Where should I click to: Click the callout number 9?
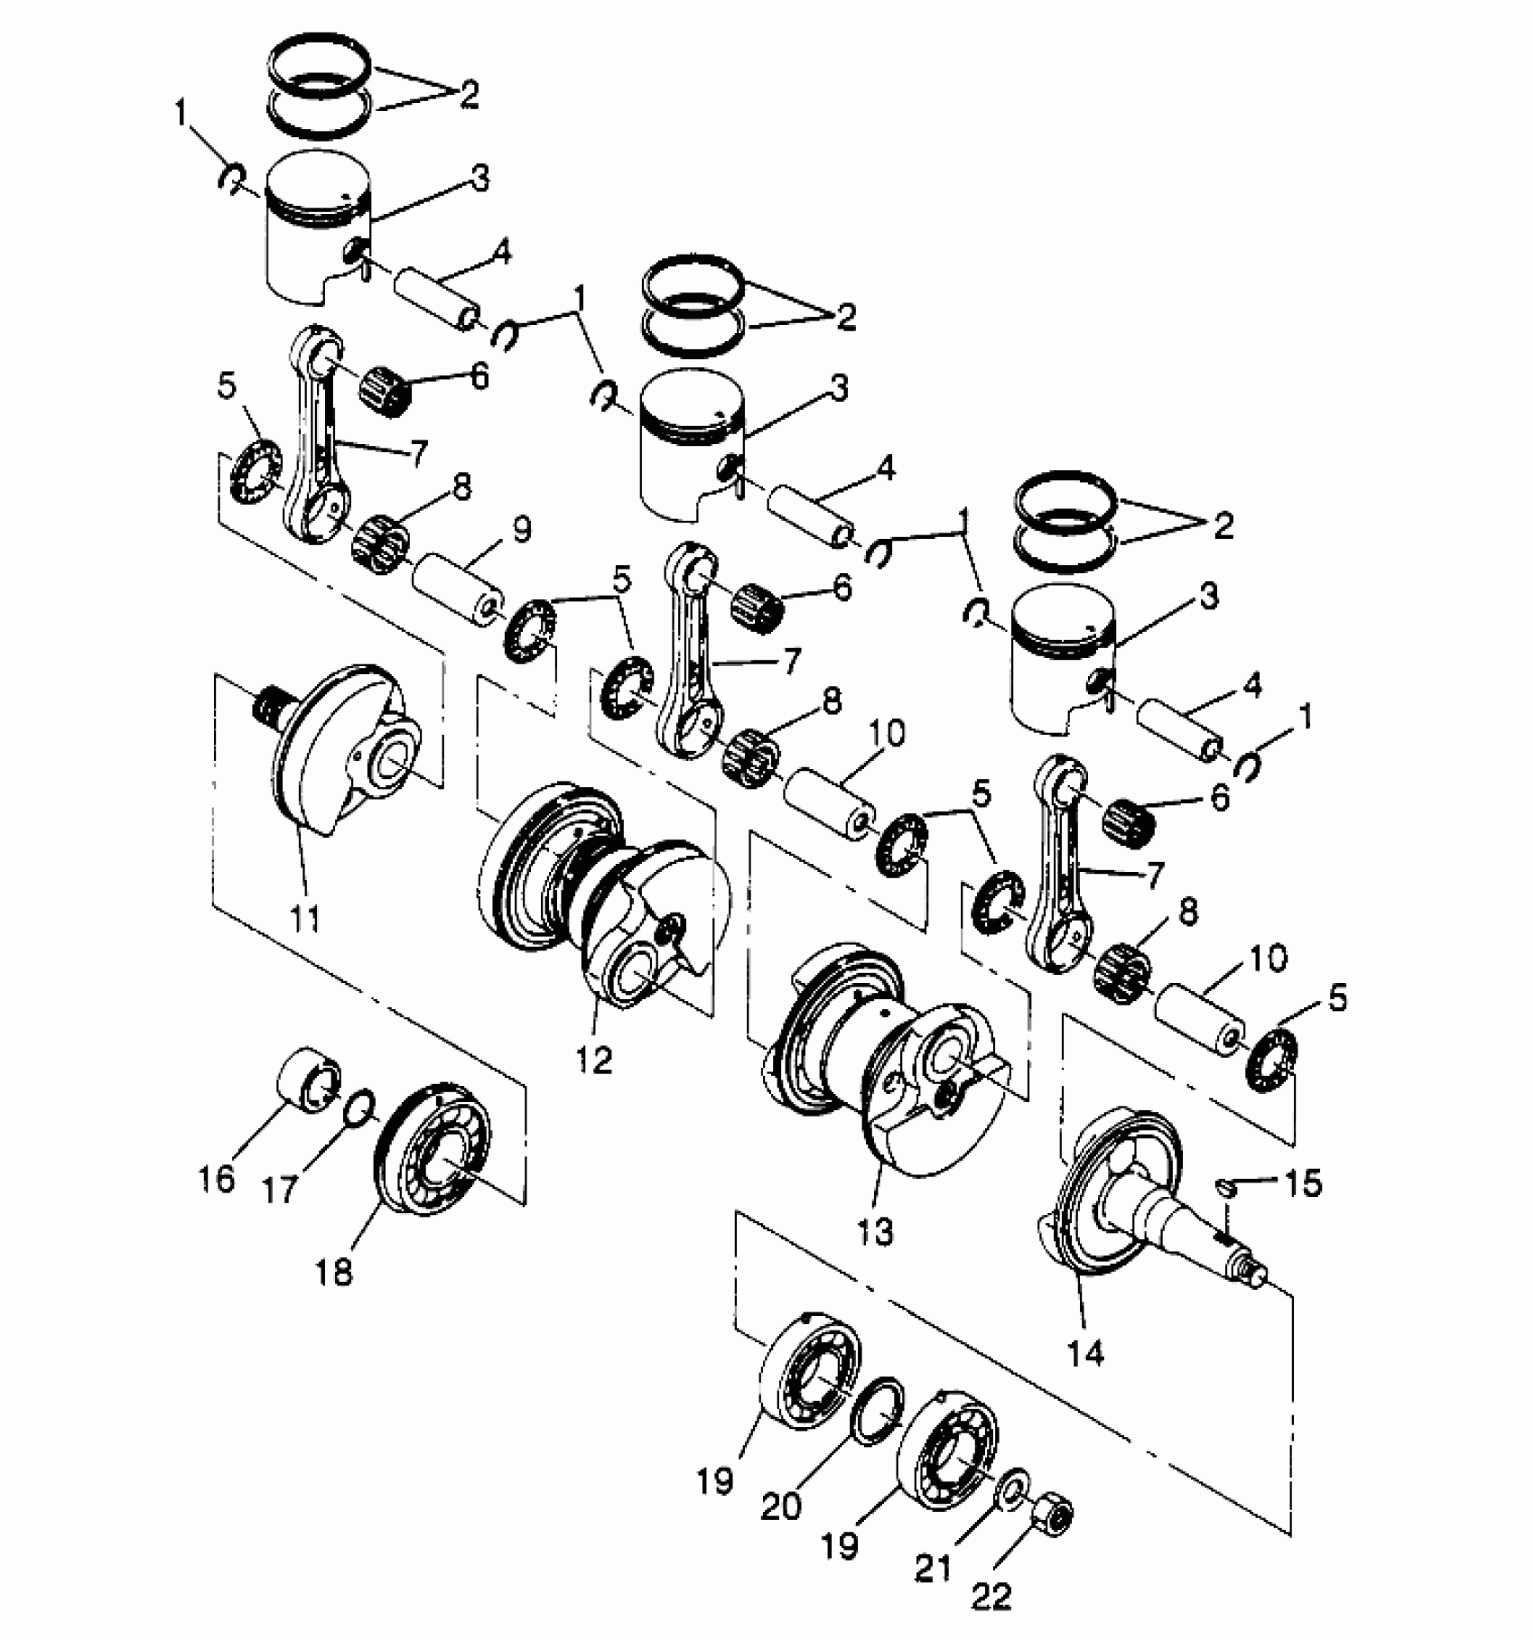click(523, 530)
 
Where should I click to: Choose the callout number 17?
click(280, 1189)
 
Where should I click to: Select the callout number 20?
click(781, 1506)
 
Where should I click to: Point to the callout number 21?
click(935, 1568)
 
